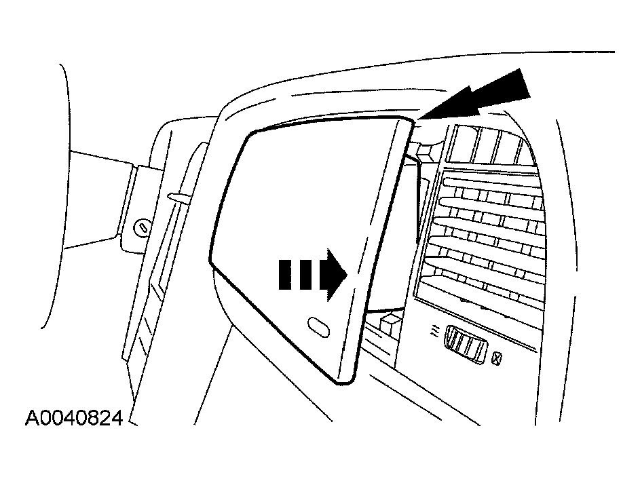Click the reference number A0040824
[74, 418]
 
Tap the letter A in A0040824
[32, 418]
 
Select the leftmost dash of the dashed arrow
[286, 274]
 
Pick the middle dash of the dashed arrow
[305, 274]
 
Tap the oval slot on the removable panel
[318, 327]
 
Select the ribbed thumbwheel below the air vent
[466, 343]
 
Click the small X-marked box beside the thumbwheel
[496, 359]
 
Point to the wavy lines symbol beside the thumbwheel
[436, 332]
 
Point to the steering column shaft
[100, 200]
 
